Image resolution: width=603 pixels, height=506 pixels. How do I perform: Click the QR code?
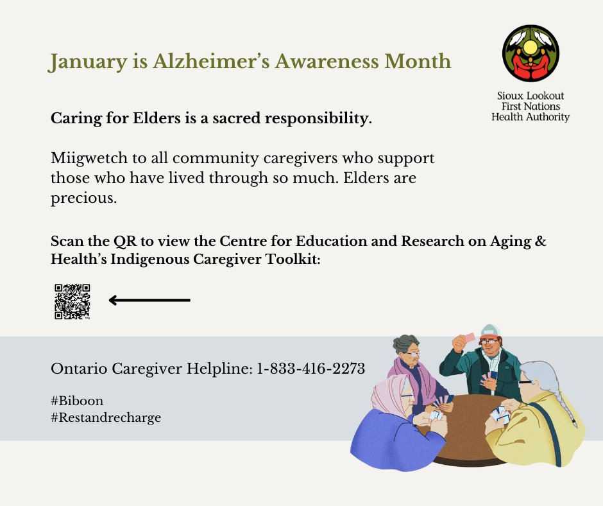point(72,301)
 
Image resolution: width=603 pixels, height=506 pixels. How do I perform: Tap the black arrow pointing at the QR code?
point(149,300)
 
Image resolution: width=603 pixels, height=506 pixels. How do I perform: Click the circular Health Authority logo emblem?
point(531,54)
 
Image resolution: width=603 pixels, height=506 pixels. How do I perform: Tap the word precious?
point(83,198)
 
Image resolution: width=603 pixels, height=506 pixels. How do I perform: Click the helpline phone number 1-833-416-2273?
point(311,369)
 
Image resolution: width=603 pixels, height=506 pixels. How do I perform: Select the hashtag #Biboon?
point(77,401)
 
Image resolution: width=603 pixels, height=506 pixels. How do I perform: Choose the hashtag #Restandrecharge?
point(106,418)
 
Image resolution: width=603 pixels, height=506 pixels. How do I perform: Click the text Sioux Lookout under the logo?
point(531,95)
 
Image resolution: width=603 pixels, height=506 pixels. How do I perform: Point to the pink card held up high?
point(470,337)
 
